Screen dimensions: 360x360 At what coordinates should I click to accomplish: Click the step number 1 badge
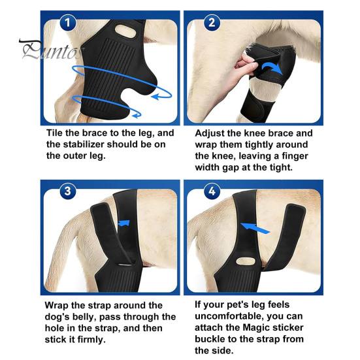[x=67, y=22]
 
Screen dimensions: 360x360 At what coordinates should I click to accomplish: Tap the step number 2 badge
[x=212, y=22]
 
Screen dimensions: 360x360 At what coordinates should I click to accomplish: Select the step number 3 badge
[x=68, y=191]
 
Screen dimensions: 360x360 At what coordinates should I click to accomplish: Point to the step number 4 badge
[x=212, y=191]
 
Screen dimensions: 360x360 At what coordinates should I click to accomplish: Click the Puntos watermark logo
[x=52, y=50]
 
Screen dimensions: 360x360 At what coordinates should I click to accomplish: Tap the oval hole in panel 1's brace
[x=125, y=31]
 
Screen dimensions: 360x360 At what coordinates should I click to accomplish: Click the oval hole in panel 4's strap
[x=246, y=261]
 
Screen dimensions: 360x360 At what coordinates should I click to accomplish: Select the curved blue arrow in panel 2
[x=272, y=67]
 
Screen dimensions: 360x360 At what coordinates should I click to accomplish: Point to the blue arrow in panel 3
[x=124, y=223]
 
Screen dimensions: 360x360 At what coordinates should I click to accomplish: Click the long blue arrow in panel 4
[x=255, y=229]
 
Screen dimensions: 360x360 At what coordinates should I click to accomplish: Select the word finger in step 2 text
[x=295, y=156]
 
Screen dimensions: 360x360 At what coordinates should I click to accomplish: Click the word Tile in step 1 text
[x=55, y=133]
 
